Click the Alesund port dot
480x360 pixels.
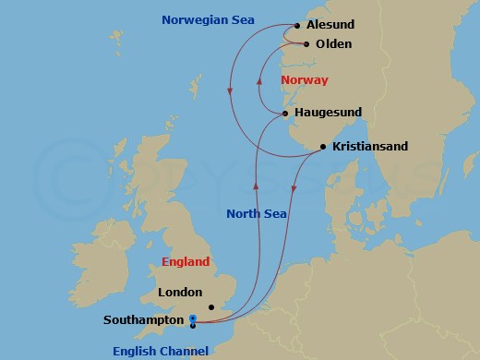point(296,26)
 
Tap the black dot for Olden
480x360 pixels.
point(306,43)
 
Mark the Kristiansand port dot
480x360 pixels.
point(322,147)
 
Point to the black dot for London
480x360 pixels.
point(210,307)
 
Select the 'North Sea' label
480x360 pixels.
point(257,213)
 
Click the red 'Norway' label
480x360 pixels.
point(304,80)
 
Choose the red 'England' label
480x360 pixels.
point(186,261)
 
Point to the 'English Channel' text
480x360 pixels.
point(162,350)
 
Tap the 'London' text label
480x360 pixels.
point(180,292)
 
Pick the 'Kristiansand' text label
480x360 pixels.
point(370,147)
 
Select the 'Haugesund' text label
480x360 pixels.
point(327,113)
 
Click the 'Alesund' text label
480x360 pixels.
point(330,26)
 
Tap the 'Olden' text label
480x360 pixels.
point(333,43)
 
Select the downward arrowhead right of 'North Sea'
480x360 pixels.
point(294,190)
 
